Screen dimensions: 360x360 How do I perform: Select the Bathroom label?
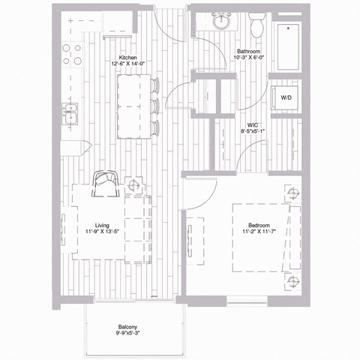(x=248, y=51)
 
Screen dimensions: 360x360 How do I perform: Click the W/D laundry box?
(x=286, y=97)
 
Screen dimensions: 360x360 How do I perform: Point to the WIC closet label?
(x=253, y=125)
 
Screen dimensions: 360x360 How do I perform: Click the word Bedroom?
(x=259, y=224)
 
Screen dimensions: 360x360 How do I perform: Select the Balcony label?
(x=127, y=327)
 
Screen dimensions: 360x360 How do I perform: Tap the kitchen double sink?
(x=72, y=114)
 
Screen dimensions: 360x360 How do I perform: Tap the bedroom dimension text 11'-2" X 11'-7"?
(x=259, y=232)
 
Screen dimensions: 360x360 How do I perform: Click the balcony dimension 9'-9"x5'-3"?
(x=127, y=334)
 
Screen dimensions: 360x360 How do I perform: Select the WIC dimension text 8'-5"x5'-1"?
(x=253, y=132)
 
